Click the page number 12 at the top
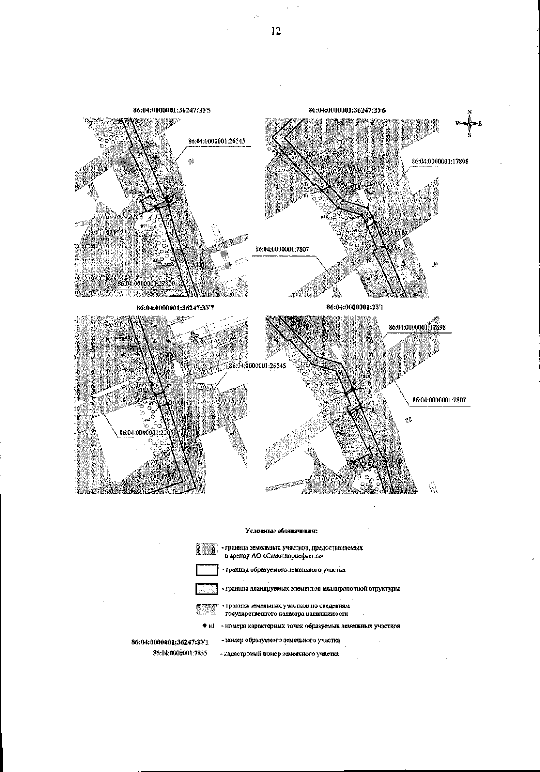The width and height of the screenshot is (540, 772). (276, 31)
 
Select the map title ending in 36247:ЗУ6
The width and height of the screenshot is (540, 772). (346, 110)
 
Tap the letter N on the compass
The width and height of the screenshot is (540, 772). (469, 112)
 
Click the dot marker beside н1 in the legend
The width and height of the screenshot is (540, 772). (204, 626)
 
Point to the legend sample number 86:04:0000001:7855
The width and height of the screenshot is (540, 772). (180, 653)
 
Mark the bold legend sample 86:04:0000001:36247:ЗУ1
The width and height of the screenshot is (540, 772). (169, 641)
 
